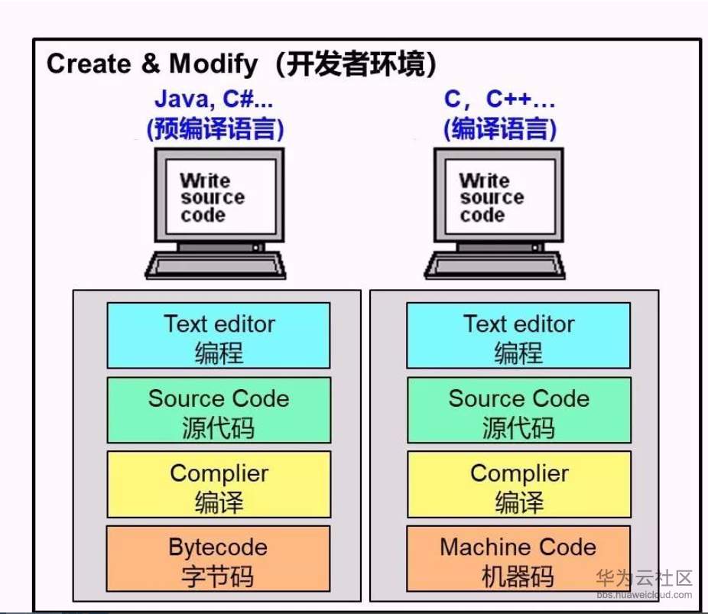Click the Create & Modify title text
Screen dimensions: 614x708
153,64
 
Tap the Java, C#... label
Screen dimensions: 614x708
214,99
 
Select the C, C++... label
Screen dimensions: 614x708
500,99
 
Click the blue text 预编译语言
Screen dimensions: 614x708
215,128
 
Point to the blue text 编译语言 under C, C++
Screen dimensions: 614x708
500,128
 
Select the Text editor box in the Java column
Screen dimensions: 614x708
219,336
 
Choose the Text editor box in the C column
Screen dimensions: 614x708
518,336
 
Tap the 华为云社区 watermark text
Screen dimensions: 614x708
644,577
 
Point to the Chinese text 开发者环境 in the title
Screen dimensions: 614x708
356,64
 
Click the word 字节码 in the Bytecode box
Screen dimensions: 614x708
219,575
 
